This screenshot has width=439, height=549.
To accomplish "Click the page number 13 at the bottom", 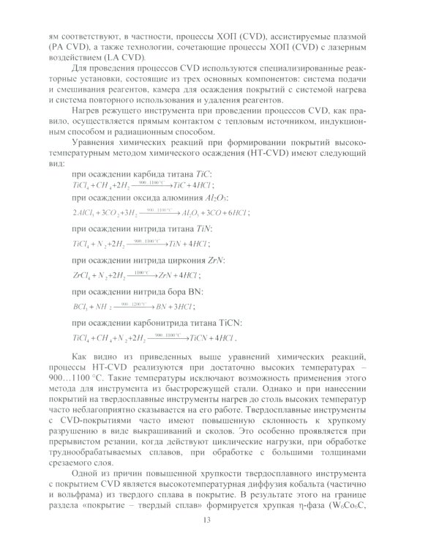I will [x=219, y=520].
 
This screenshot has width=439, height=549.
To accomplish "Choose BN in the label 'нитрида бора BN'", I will [x=189, y=291].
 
